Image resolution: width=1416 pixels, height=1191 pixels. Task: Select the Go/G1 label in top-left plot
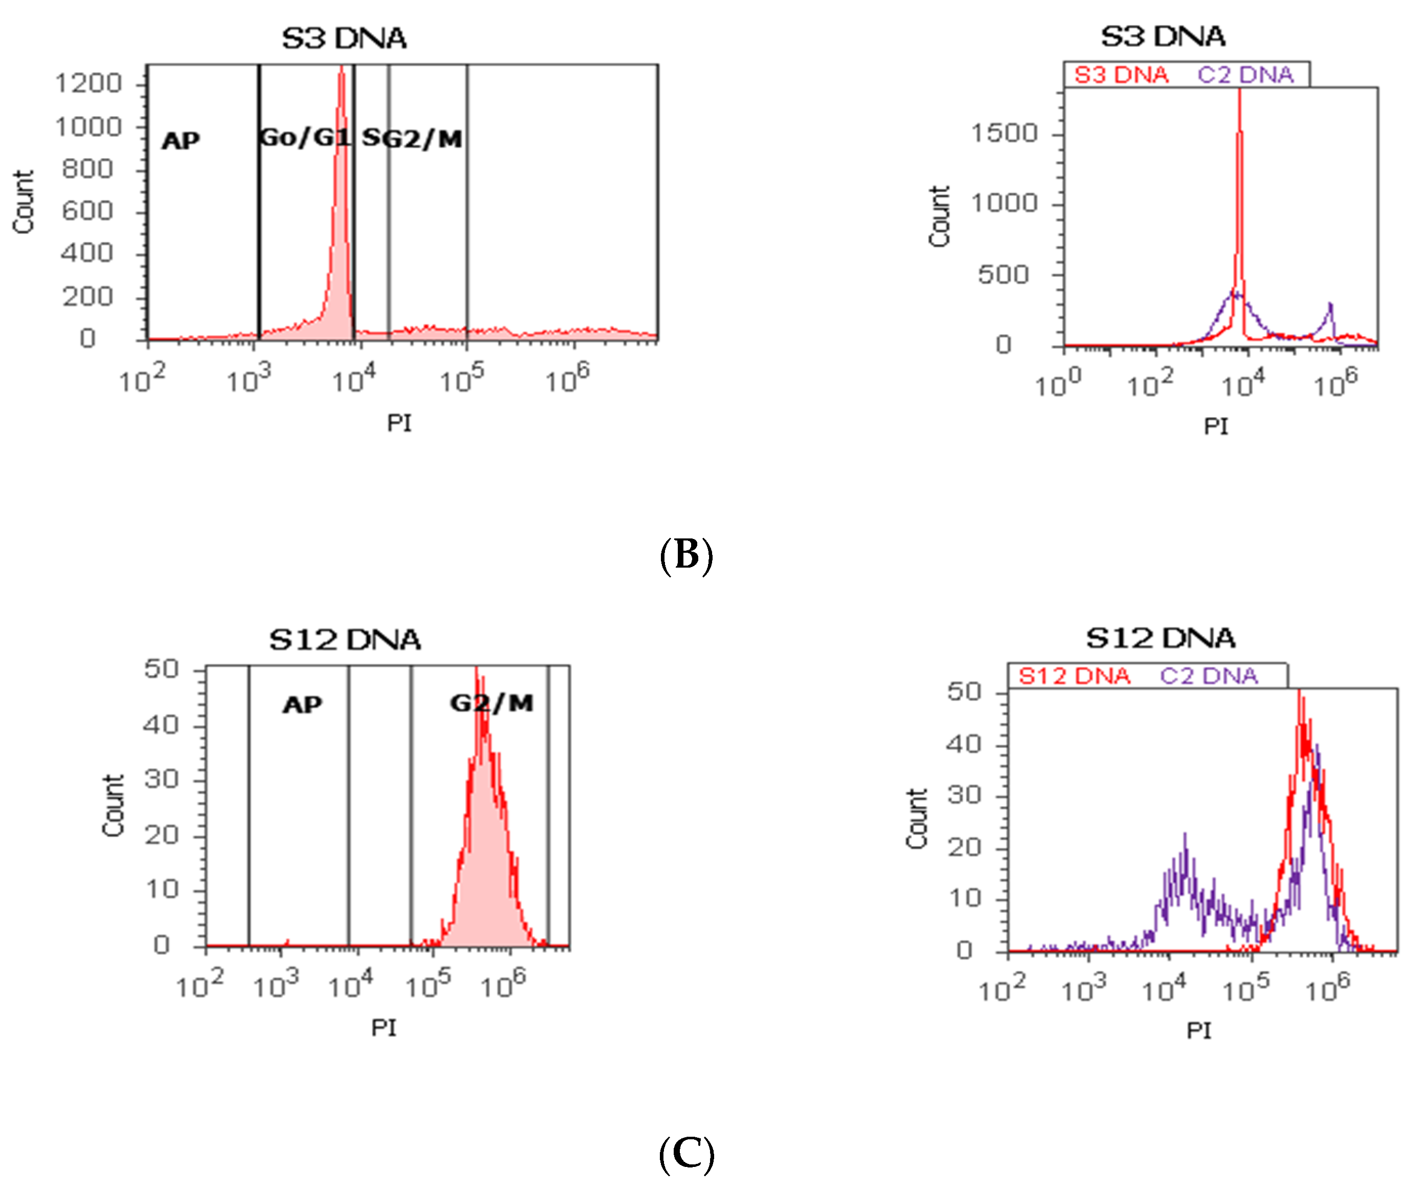point(305,138)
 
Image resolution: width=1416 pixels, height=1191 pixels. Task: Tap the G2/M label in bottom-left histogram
point(491,704)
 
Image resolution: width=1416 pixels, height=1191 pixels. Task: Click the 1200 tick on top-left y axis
point(88,84)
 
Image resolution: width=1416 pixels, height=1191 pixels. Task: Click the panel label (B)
point(686,555)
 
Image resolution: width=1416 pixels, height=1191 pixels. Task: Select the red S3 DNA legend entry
point(1121,74)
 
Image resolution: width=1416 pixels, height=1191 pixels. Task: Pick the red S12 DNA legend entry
point(1074,676)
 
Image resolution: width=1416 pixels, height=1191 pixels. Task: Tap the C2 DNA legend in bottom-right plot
point(1209,676)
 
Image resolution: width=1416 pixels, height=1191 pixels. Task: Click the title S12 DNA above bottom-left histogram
point(345,639)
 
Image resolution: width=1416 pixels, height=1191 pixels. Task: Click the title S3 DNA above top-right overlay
point(1163,36)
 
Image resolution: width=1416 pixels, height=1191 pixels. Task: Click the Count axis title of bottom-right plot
point(916,818)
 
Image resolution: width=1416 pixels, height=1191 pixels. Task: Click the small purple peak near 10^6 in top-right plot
point(1330,305)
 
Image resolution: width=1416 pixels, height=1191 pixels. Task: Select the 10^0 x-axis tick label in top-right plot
point(1058,385)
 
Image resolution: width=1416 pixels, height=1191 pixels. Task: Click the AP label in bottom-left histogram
point(302,705)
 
